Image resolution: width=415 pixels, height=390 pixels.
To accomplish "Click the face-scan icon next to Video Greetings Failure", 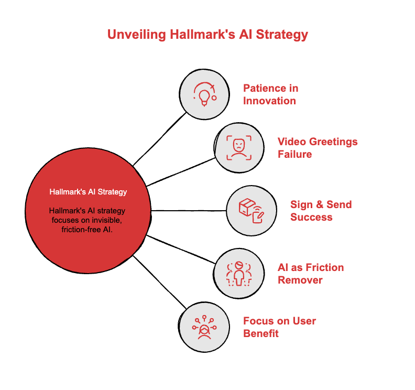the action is pos(239,147).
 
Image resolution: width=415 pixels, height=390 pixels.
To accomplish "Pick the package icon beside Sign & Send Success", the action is pos(250,211).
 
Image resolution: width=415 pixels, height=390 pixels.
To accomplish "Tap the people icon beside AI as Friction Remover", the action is pos(239,273).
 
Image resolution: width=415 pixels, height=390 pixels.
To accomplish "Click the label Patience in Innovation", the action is pos(270,94).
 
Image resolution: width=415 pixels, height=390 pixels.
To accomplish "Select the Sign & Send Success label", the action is pos(321,210).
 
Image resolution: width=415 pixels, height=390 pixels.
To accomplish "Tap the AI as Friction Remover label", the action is pos(310,273).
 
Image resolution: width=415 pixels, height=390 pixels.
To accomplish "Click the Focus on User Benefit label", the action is pos(279,327).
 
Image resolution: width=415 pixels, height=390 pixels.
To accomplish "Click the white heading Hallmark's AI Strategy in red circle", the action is pos(88,192).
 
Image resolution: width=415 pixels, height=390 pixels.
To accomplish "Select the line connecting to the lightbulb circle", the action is pos(159,139).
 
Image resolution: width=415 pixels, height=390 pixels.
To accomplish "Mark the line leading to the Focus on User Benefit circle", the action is pos(159,282).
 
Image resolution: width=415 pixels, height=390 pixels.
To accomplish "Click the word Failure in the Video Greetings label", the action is pos(294,154).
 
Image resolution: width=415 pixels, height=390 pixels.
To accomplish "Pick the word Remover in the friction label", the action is pos(300,279).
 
